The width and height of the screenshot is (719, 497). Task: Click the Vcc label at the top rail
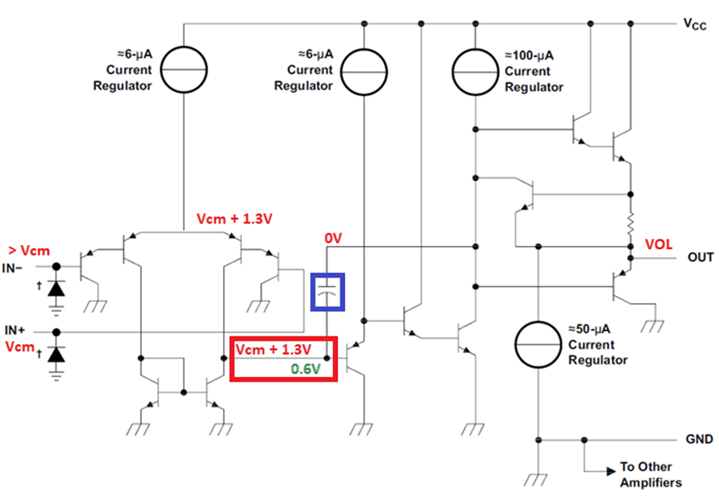(694, 24)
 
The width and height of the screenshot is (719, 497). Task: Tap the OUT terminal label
(700, 257)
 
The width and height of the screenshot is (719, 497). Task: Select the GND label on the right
(699, 439)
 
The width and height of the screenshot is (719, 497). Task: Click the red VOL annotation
(658, 245)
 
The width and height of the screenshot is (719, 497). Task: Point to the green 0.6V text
(305, 369)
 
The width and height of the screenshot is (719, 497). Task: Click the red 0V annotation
(333, 238)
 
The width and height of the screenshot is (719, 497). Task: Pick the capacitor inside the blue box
(327, 292)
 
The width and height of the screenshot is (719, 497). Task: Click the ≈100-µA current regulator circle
(475, 72)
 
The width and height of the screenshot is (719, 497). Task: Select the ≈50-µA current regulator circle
(538, 344)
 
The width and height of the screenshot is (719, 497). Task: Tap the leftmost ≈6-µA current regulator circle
(184, 70)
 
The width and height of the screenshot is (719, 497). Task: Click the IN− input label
(13, 268)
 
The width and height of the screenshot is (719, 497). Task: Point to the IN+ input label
(15, 330)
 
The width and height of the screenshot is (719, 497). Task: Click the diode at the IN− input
(56, 288)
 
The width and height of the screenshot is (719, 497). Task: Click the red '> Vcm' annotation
(29, 251)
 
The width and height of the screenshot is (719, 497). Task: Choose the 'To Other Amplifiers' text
(650, 475)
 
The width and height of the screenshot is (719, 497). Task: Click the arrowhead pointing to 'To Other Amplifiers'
(610, 471)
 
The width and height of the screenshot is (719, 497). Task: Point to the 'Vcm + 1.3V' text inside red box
(273, 350)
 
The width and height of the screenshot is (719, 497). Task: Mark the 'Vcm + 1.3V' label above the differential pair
(234, 219)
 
